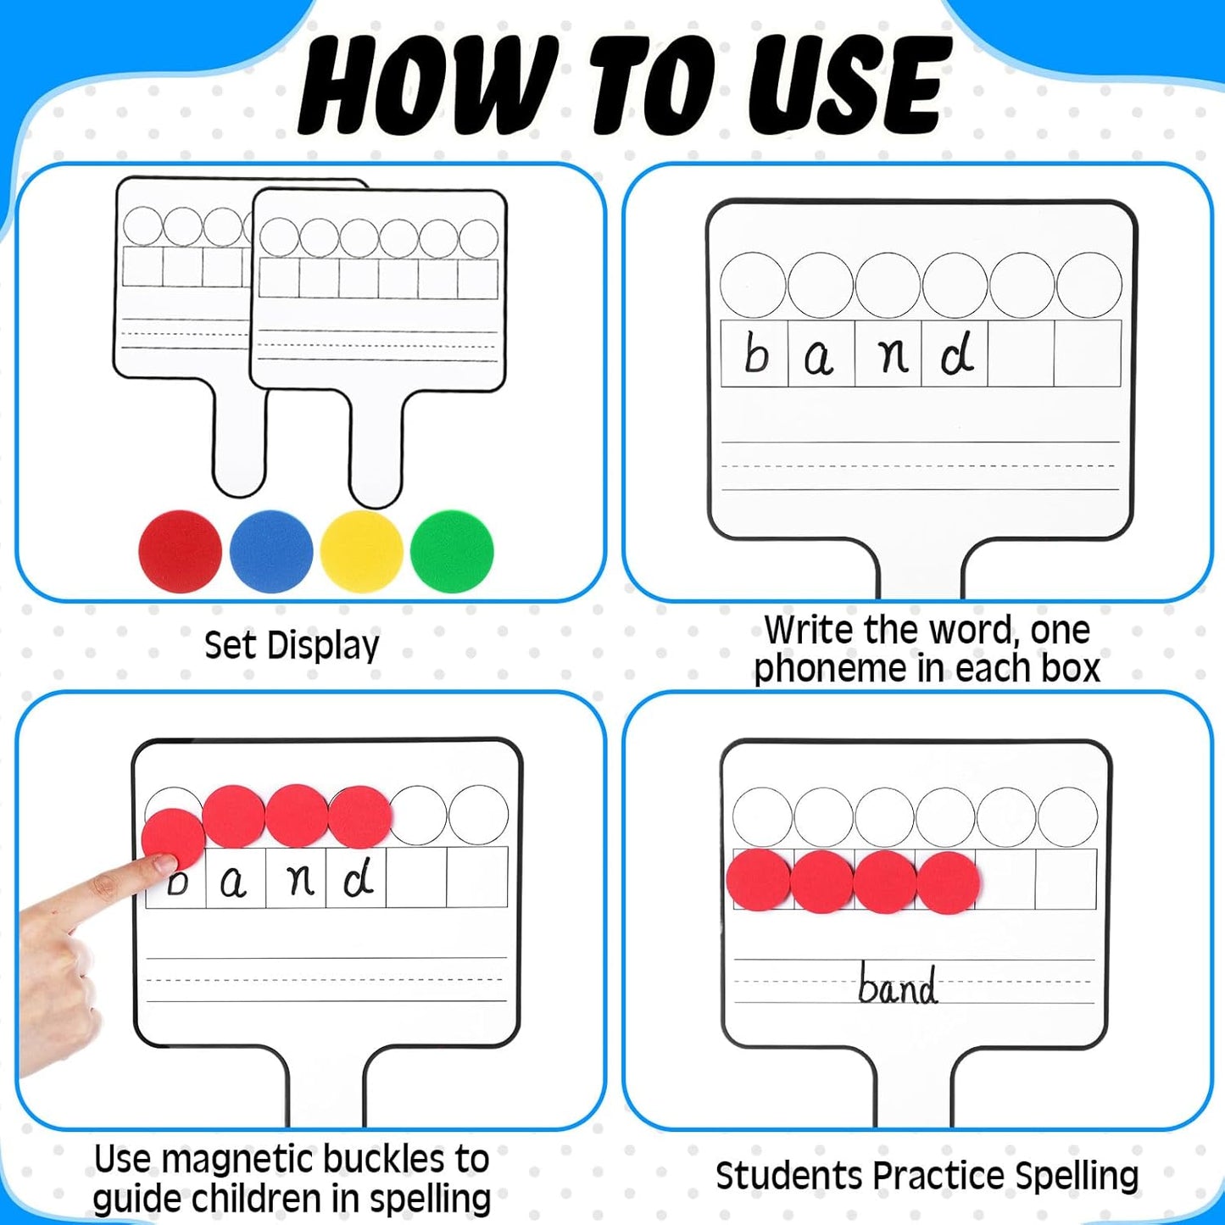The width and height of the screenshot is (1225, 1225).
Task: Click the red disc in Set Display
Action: (x=180, y=551)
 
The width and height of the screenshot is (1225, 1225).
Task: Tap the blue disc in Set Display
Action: (x=271, y=551)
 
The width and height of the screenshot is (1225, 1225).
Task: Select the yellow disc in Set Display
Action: (x=362, y=551)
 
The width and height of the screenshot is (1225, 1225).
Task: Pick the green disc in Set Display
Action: (x=452, y=551)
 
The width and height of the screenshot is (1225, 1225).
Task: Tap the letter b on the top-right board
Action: (x=754, y=354)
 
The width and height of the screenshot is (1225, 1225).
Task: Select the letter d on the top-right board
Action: (x=956, y=354)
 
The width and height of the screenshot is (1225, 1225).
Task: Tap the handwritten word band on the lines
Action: (x=897, y=985)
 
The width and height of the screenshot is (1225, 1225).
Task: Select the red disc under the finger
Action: (x=173, y=837)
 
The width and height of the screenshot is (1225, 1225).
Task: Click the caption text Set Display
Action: (x=292, y=646)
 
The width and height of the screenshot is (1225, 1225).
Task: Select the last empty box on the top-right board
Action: (x=1088, y=354)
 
